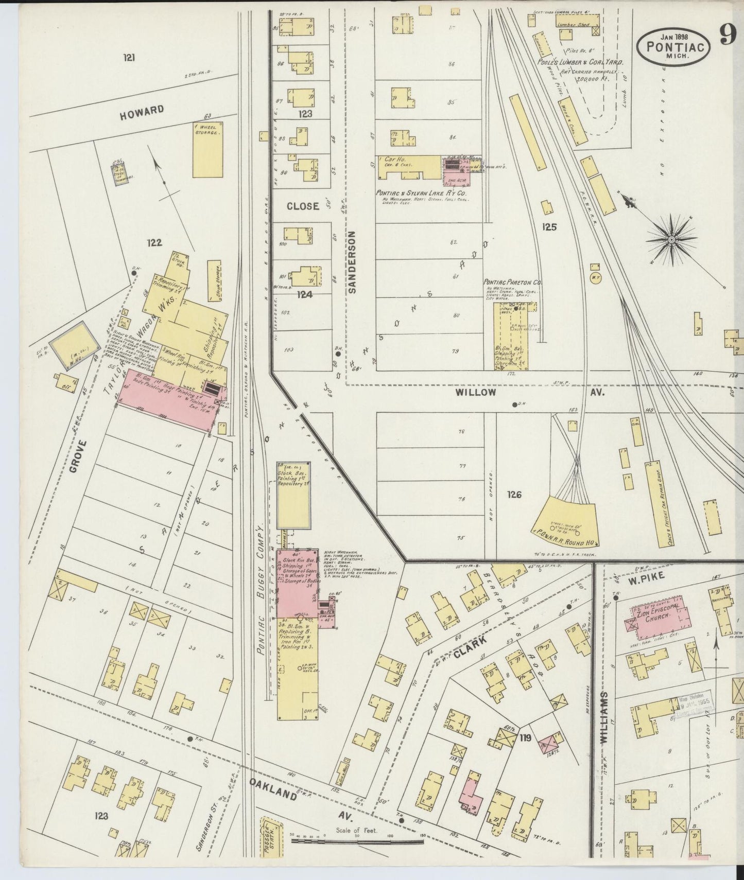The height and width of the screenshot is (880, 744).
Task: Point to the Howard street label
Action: click(x=142, y=112)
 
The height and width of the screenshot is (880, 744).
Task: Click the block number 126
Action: click(x=514, y=495)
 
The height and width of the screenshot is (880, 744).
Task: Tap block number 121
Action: click(x=129, y=58)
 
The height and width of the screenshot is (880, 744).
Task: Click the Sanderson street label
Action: click(x=353, y=262)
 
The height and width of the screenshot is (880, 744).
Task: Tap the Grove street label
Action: click(x=75, y=456)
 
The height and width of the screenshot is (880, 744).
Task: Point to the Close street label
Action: click(x=303, y=206)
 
